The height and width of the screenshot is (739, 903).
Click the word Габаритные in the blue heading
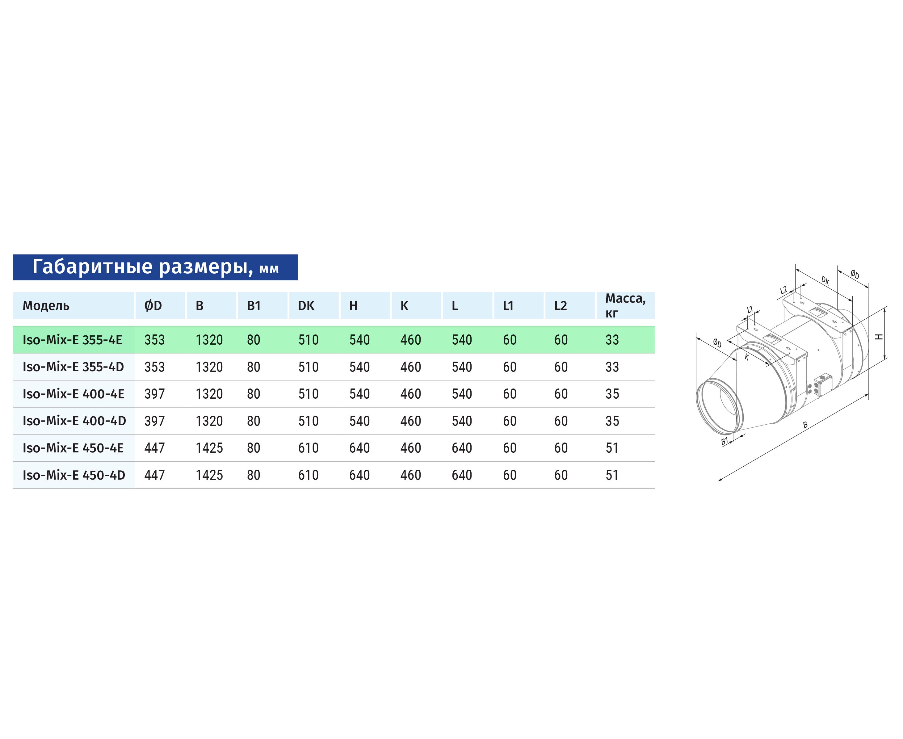(x=92, y=267)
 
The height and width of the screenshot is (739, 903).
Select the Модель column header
(x=46, y=306)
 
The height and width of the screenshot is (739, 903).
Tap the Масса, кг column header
(x=625, y=306)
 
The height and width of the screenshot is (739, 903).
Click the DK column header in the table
(x=306, y=306)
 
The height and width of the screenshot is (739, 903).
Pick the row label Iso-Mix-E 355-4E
(x=72, y=340)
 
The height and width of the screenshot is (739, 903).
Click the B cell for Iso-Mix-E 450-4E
(x=209, y=448)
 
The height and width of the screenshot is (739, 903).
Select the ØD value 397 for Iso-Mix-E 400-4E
(x=154, y=394)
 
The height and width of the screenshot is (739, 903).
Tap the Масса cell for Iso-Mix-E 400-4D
(x=612, y=421)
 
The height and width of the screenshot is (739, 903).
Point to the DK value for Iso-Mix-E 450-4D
(x=308, y=475)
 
